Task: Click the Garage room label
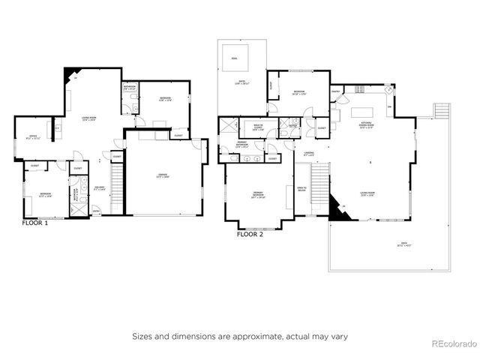coord(163,175)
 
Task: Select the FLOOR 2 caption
coord(250,234)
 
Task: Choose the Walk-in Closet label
coord(257,129)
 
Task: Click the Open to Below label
coord(301,189)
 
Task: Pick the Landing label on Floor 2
coord(309,154)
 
